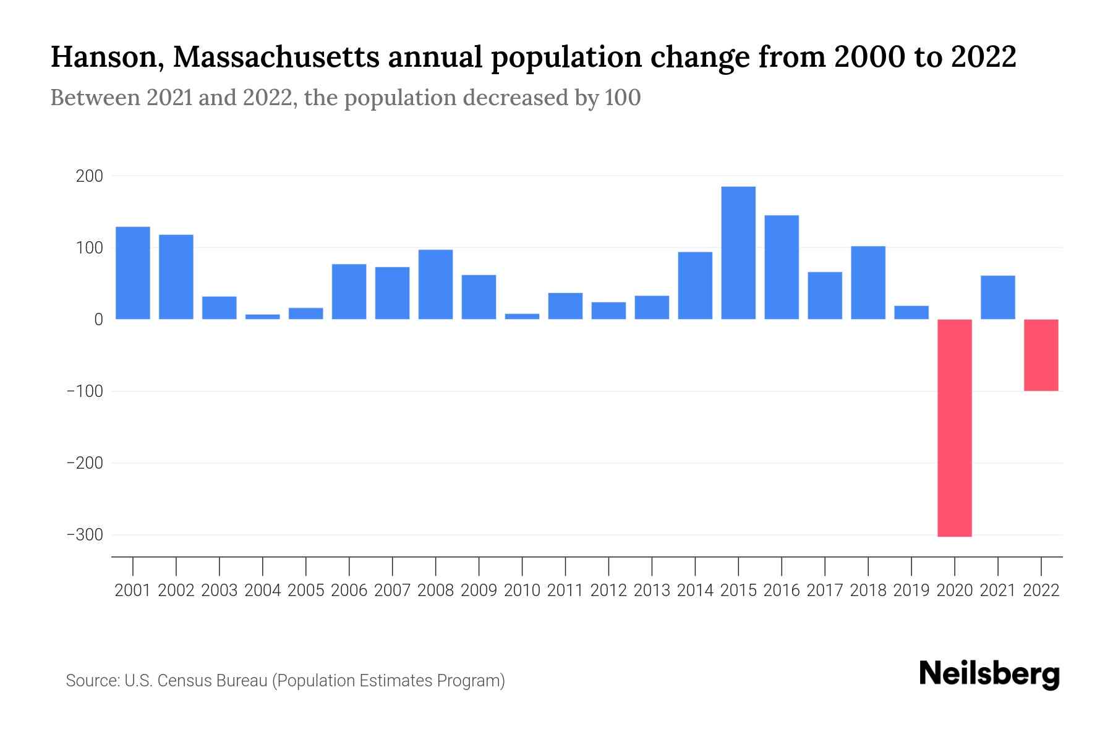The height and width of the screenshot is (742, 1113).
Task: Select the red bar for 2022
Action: click(x=1041, y=355)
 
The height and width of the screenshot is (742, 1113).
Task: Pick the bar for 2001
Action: click(x=133, y=273)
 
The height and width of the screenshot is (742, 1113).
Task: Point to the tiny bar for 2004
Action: click(x=262, y=317)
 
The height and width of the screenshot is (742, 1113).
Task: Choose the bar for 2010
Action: click(x=522, y=317)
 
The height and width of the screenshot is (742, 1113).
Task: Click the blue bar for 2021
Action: click(x=997, y=297)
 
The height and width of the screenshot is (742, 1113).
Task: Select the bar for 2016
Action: click(x=782, y=267)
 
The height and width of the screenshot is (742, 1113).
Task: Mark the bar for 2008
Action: click(x=435, y=284)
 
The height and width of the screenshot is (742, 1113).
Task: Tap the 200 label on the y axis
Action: click(x=89, y=176)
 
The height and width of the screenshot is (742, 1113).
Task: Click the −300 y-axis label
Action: click(x=84, y=535)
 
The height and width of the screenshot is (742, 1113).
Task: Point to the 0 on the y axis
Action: click(x=98, y=320)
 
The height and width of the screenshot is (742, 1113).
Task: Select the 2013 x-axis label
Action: click(x=652, y=591)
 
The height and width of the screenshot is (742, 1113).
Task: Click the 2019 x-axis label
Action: click(x=911, y=591)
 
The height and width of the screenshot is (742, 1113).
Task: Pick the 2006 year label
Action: click(x=349, y=591)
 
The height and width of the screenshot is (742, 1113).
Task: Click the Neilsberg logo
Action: click(x=989, y=674)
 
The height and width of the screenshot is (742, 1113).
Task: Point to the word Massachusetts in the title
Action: click(x=276, y=58)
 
